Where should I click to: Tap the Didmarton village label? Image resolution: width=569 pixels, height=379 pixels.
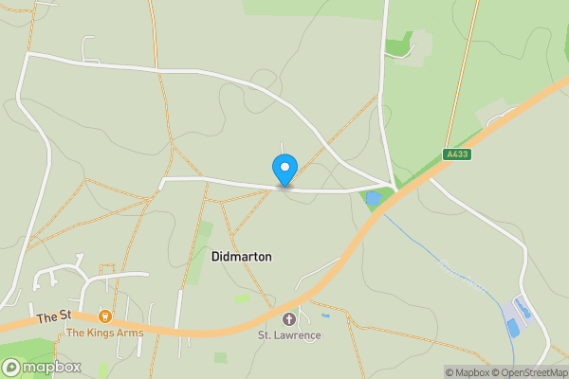tap(241, 257)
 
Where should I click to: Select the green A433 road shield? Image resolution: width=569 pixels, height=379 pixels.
tap(456, 154)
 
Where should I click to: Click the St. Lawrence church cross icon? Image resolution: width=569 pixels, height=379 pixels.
tap(289, 318)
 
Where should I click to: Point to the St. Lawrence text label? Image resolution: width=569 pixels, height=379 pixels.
tap(289, 334)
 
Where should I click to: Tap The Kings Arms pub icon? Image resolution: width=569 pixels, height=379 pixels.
tap(105, 316)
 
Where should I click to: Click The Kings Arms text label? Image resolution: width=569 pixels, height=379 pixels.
tap(104, 333)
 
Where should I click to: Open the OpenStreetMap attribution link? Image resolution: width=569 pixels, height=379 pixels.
tap(532, 372)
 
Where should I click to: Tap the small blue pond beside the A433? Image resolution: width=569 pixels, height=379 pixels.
tap(373, 199)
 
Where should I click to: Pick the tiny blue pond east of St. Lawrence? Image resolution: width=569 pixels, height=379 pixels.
tap(325, 315)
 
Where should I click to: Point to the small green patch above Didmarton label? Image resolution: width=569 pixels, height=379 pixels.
tap(205, 233)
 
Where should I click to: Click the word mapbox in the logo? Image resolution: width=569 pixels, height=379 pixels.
tap(52, 367)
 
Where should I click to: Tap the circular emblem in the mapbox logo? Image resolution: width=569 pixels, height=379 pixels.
tap(12, 367)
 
